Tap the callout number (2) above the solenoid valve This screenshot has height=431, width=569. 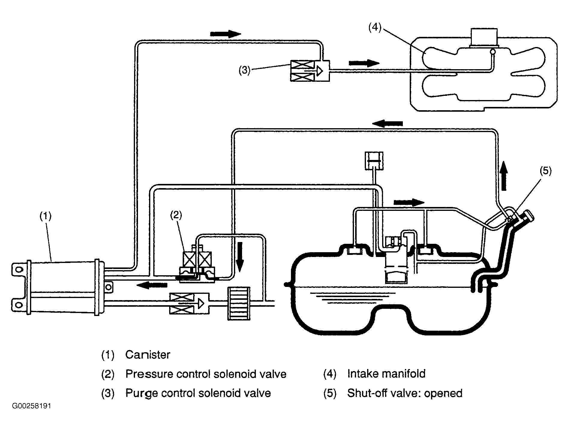click(x=176, y=216)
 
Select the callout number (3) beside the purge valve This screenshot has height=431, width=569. click(x=244, y=71)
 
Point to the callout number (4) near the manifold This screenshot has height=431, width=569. click(x=375, y=28)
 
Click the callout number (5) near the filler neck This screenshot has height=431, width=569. click(x=546, y=171)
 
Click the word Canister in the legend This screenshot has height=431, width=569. click(x=148, y=355)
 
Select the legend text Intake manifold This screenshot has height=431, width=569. click(x=386, y=374)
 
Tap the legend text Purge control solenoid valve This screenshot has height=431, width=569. click(x=198, y=393)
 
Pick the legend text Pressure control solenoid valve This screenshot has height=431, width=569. click(x=206, y=374)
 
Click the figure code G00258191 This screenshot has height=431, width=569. click(x=31, y=406)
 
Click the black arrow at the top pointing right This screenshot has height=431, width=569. click(x=226, y=34)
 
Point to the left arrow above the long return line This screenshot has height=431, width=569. click(x=388, y=123)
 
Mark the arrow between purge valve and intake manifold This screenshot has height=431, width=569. click(x=364, y=63)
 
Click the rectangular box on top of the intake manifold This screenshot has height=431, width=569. click(x=484, y=38)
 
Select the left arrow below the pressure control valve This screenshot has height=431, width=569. click(x=152, y=285)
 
